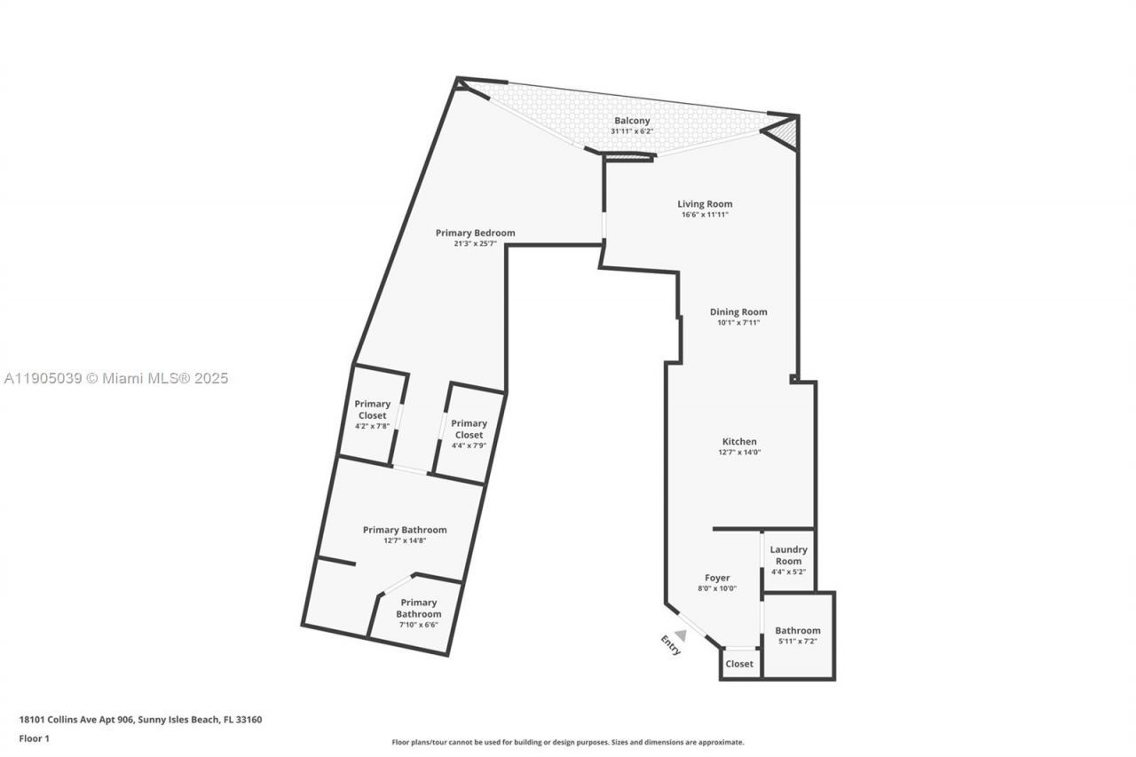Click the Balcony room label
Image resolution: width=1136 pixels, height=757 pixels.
(x=632, y=121)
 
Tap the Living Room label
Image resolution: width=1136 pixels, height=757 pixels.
(x=705, y=204)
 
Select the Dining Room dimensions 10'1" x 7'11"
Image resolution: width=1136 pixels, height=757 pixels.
(x=738, y=323)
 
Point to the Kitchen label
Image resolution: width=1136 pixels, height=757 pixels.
(x=739, y=441)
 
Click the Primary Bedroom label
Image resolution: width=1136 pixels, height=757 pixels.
(x=475, y=233)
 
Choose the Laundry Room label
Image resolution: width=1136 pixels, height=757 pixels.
(x=788, y=556)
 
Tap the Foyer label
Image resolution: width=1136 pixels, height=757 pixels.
(x=717, y=578)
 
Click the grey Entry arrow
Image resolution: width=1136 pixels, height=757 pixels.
(x=681, y=634)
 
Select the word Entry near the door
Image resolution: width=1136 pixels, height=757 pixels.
(x=670, y=645)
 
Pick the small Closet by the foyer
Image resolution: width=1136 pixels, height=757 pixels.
(x=739, y=664)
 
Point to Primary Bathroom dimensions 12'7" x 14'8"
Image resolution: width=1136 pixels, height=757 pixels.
(x=405, y=540)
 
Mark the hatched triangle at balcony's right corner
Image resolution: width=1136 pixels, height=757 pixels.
(x=785, y=133)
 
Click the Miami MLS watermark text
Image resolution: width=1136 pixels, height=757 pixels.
(x=116, y=379)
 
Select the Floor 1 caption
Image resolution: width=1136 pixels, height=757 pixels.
(x=35, y=738)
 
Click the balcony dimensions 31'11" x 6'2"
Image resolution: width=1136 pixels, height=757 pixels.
(x=632, y=131)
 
